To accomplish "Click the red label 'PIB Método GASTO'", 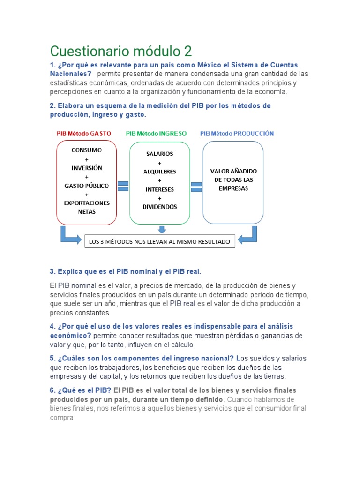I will [84, 133].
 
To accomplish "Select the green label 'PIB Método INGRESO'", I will [156, 133].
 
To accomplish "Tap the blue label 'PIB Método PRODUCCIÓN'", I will [237, 133].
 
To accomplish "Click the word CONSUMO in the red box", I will [87, 150].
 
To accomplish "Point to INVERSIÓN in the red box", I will [87, 168].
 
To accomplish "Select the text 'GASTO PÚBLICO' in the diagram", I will [87, 185].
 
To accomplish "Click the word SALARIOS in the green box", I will [160, 154].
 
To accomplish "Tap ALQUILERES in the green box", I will [160, 172].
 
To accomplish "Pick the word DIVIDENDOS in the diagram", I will [160, 207].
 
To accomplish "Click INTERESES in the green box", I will [160, 189].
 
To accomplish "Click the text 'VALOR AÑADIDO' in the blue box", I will [233, 171].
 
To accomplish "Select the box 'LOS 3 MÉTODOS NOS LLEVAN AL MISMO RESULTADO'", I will [159, 242].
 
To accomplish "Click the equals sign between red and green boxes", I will [123, 186].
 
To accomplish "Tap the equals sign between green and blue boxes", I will [196, 187].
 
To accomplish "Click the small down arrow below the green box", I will [162, 229].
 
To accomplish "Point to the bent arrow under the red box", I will [68, 235].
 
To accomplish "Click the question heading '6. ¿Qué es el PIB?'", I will [81, 390].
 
